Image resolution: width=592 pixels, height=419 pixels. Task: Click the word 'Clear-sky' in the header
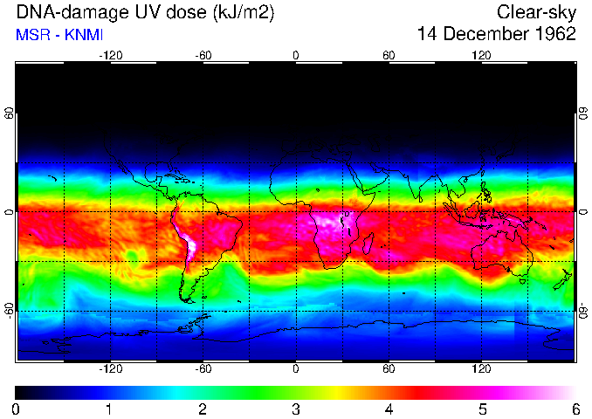coord(536,12)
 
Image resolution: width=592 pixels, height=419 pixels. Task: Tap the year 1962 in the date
coord(554,35)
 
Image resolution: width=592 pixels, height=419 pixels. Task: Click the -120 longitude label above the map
coord(110,55)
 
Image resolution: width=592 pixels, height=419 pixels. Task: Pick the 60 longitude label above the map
coord(389,55)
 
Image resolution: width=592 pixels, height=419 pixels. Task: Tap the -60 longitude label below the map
coord(203,369)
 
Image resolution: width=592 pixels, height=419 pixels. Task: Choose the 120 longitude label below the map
coord(481,369)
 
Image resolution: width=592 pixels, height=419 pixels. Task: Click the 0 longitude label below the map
coord(296,369)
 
